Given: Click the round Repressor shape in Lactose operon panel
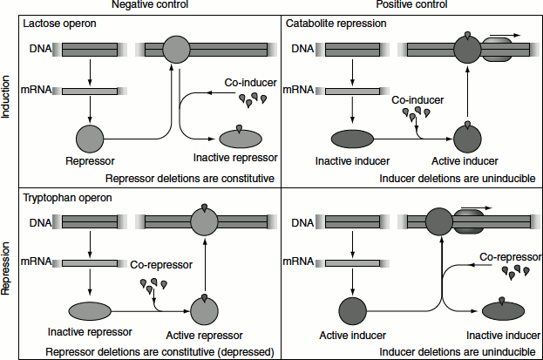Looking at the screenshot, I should pyautogui.click(x=90, y=138).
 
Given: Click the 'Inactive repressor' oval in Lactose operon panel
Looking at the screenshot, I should pyautogui.click(x=243, y=138).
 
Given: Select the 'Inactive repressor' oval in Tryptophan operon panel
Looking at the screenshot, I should pyautogui.click(x=91, y=311).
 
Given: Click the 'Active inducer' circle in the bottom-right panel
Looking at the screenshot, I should pyautogui.click(x=352, y=310).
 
